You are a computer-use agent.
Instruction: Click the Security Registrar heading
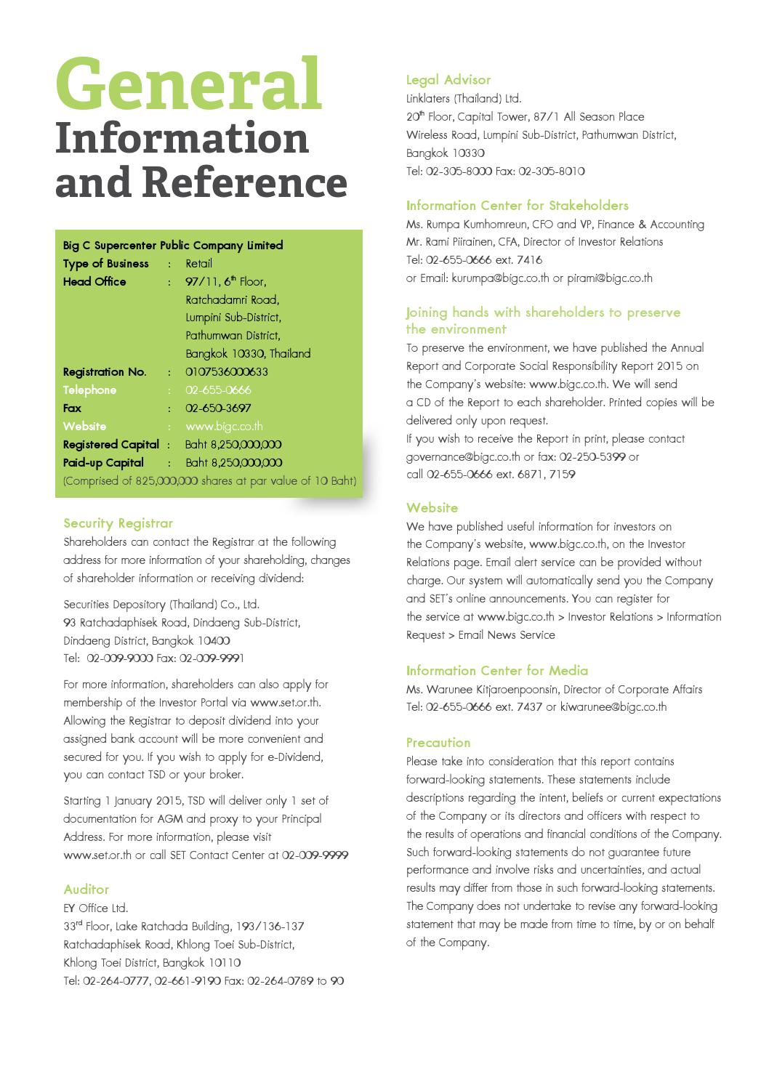point(118,523)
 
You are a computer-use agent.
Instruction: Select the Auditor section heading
point(86,890)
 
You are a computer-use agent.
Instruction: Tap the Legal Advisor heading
point(448,80)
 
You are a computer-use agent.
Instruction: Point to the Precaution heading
point(438,743)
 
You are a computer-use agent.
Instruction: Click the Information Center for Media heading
point(497,671)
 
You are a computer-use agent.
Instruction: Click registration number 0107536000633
point(227,372)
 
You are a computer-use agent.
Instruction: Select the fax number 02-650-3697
point(218,408)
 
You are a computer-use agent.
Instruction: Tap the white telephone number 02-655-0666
point(218,390)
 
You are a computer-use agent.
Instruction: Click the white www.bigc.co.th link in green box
point(224,427)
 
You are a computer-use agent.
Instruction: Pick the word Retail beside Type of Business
point(198,264)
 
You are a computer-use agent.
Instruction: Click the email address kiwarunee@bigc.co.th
point(613,707)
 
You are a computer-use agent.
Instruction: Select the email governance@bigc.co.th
point(463,457)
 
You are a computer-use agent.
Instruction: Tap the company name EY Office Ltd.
point(95,908)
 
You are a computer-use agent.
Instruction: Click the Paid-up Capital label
point(103,463)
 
